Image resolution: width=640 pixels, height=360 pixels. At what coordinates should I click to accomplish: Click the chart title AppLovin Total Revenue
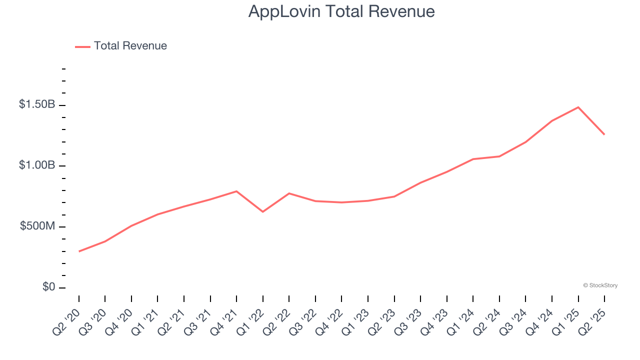(341, 11)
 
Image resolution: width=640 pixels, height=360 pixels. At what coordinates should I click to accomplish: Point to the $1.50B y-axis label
(37, 105)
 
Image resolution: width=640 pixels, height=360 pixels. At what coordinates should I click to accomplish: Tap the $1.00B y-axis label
(37, 165)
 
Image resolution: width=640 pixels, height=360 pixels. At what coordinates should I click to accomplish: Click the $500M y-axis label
(37, 226)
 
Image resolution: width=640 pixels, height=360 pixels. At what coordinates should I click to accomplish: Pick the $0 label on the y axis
(48, 287)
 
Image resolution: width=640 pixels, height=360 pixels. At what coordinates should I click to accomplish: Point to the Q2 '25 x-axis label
(593, 321)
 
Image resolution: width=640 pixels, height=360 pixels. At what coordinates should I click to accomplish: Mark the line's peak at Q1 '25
(578, 107)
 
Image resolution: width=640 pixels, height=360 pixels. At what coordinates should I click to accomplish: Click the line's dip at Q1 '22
(262, 212)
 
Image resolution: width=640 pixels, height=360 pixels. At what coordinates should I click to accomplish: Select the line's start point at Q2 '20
(79, 251)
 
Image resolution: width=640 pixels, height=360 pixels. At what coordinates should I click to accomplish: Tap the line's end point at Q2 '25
(604, 134)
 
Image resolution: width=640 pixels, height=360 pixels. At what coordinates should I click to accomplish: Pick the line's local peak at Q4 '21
(236, 191)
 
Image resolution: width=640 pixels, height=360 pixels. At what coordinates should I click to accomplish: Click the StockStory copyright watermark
(600, 285)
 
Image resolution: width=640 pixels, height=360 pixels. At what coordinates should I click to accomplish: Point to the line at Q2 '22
(289, 193)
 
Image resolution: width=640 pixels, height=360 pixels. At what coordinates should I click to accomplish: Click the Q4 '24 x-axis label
(540, 321)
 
